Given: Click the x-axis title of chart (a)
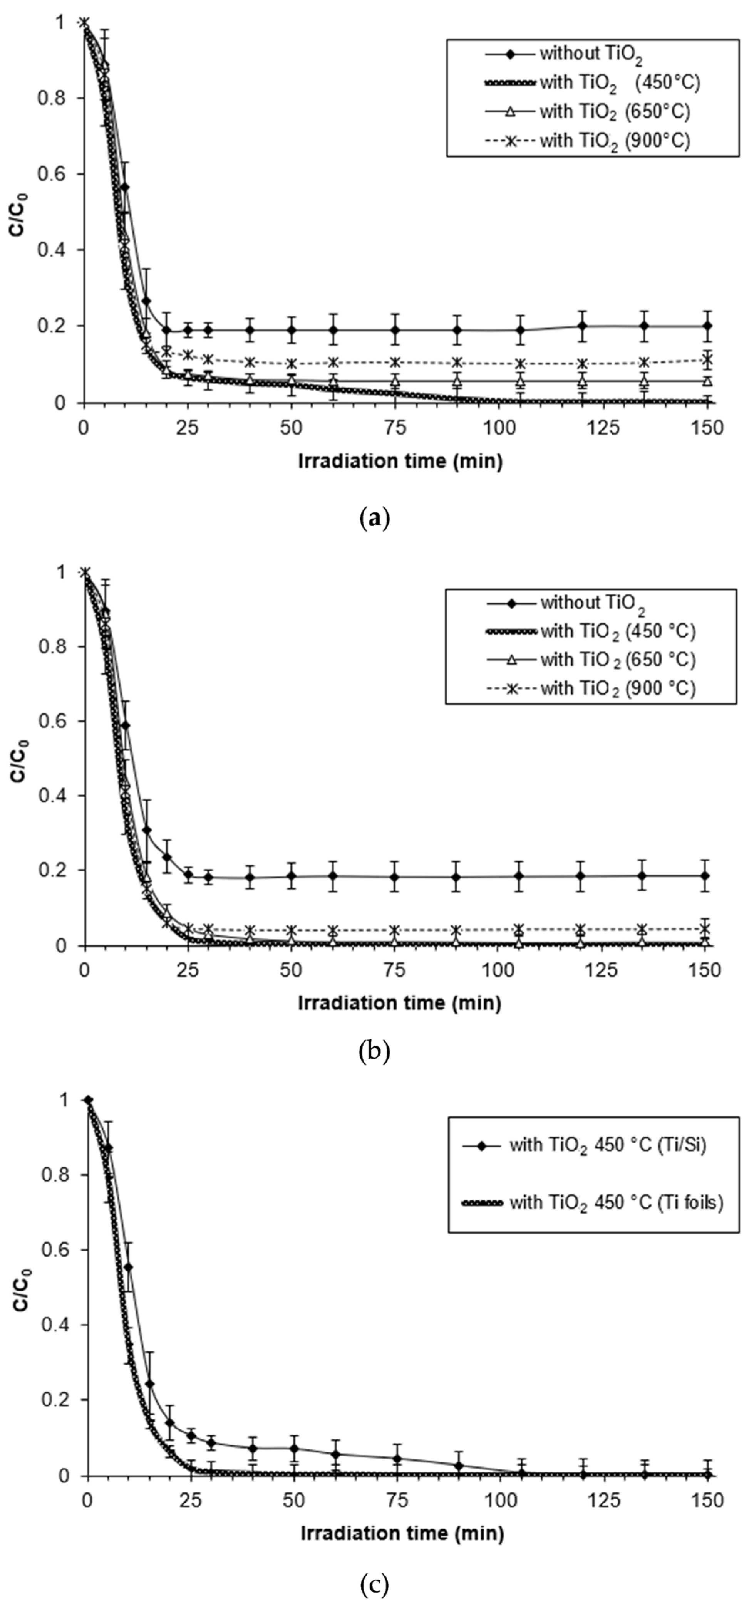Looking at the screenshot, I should pyautogui.click(x=400, y=462).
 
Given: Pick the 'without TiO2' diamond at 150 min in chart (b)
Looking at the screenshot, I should pyautogui.click(x=705, y=875).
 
